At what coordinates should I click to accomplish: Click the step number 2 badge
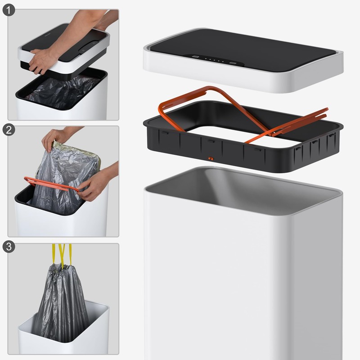click(9, 130)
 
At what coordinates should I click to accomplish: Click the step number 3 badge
click(9, 247)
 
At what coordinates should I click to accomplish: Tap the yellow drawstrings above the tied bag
click(62, 255)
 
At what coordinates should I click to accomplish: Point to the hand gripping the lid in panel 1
click(43, 59)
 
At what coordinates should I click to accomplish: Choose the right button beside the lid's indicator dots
click(233, 63)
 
